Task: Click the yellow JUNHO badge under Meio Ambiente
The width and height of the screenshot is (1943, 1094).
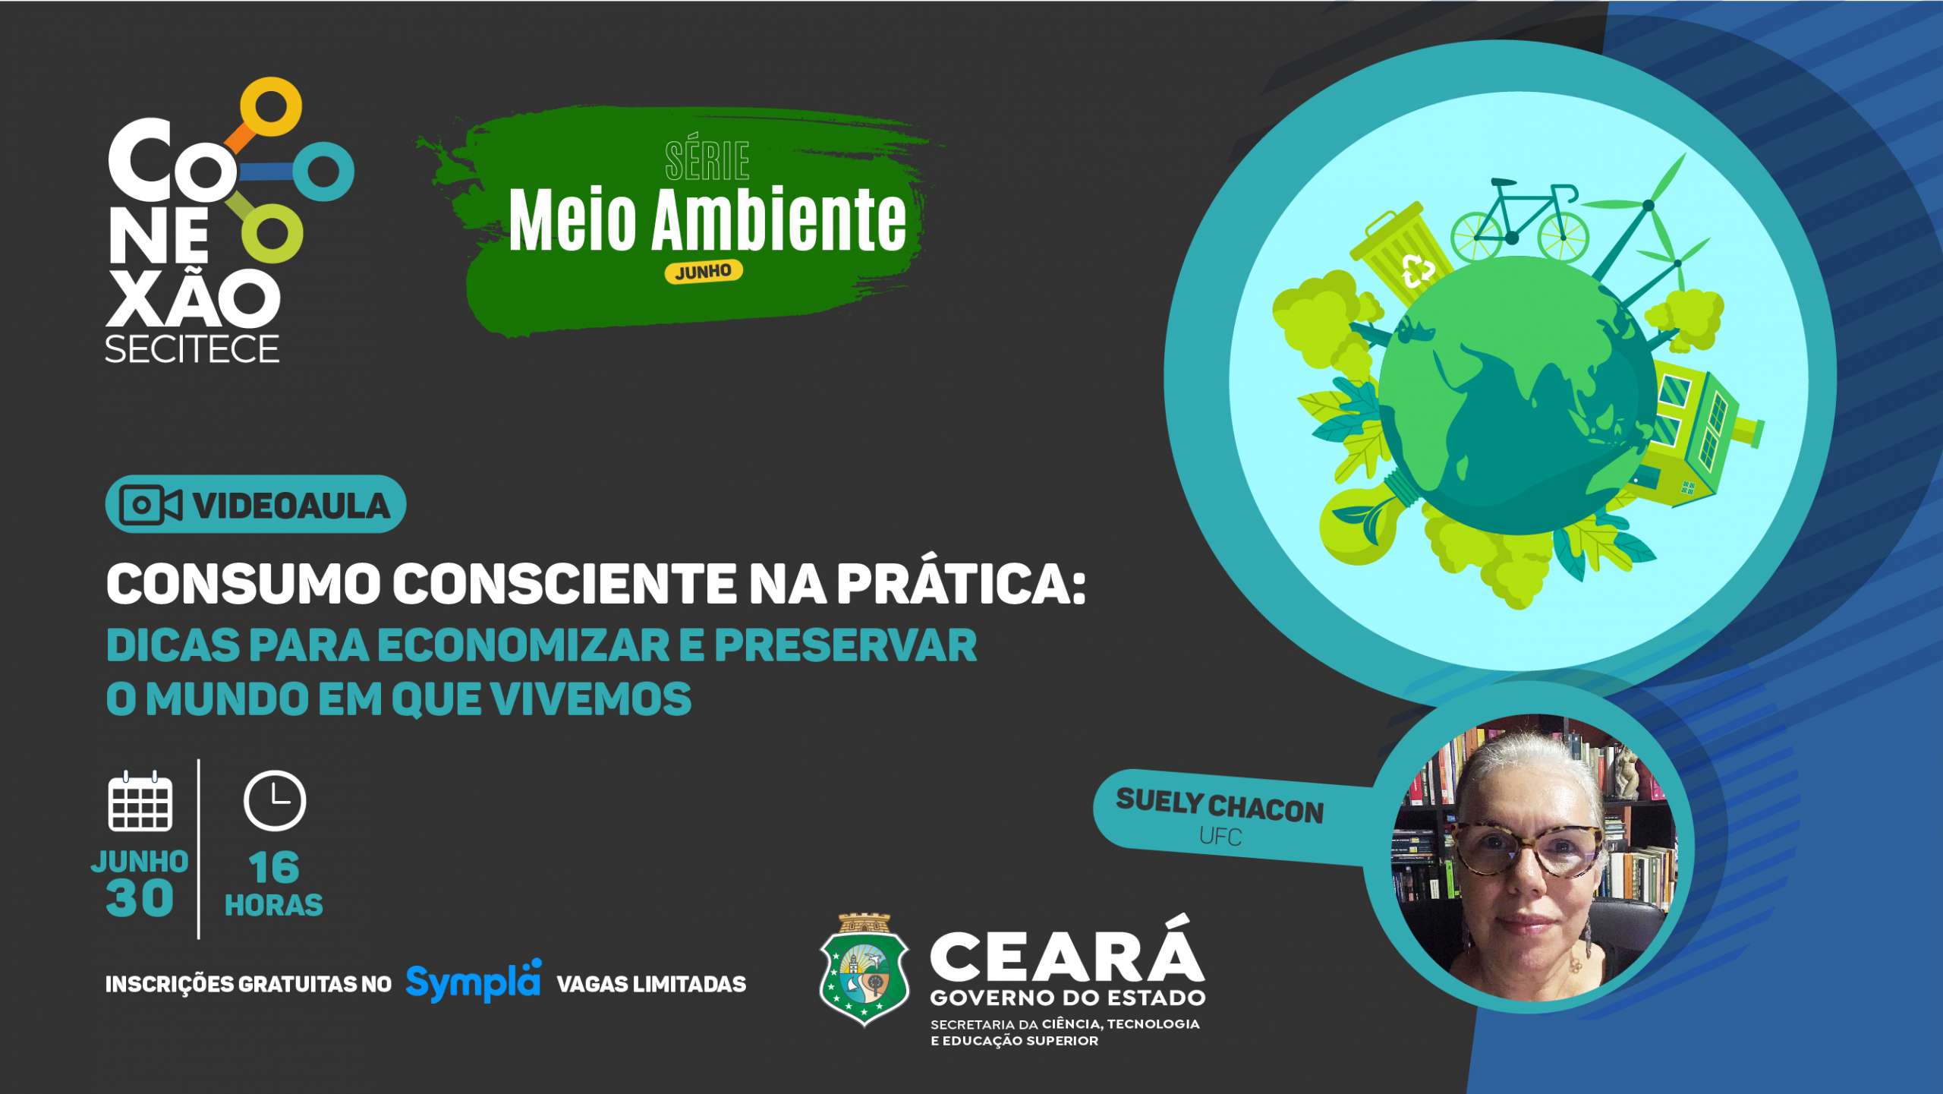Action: [704, 272]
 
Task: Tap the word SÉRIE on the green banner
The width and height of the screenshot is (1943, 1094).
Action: [707, 161]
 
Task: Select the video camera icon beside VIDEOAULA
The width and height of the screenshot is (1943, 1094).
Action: [151, 505]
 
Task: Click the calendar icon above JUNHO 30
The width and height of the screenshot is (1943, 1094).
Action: [140, 802]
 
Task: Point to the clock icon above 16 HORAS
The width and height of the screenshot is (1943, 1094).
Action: [275, 801]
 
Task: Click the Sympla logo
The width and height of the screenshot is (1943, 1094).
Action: [474, 982]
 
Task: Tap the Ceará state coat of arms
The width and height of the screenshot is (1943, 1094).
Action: [864, 971]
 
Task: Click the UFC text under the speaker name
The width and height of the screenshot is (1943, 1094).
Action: [1220, 837]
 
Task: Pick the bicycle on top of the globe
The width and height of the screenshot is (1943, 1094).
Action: [1519, 220]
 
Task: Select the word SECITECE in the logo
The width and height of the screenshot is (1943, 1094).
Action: [192, 349]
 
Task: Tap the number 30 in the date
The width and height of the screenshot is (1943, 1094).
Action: [140, 899]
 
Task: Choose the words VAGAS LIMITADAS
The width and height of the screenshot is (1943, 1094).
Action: [651, 984]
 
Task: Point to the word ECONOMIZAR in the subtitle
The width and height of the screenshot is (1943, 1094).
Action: [524, 645]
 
